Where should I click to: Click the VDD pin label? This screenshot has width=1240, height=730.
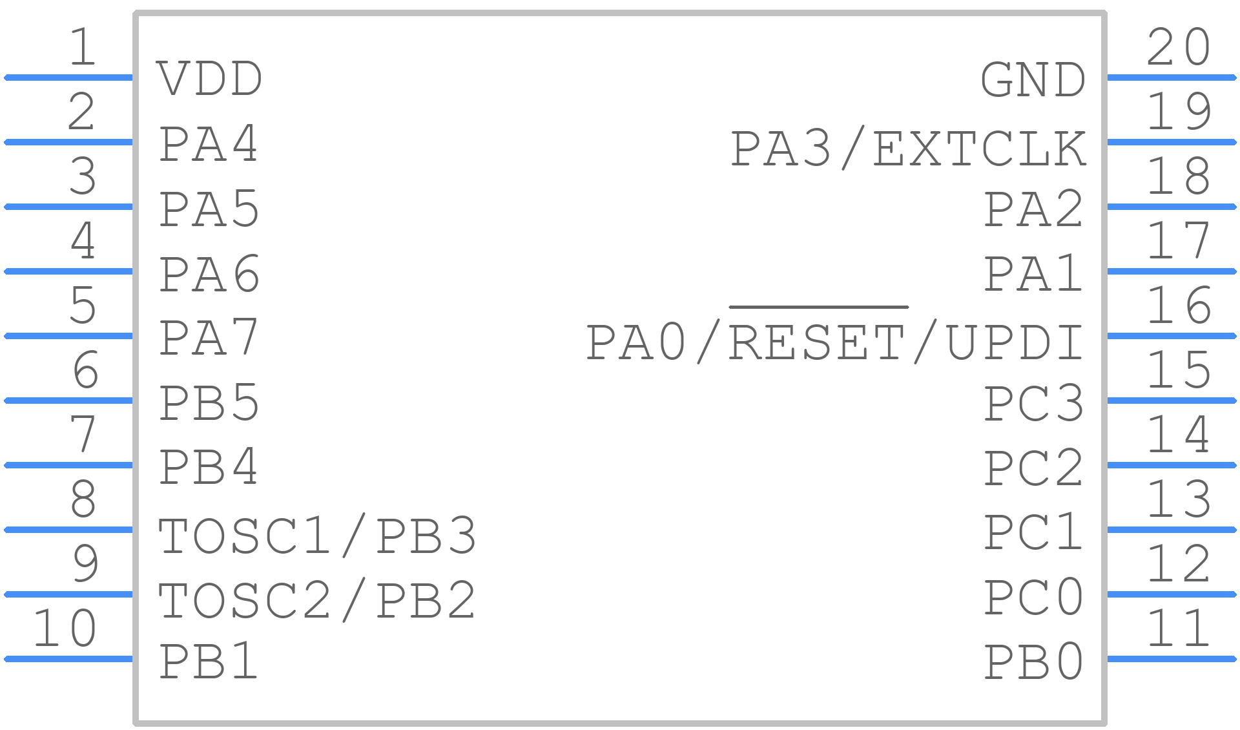pyautogui.click(x=209, y=79)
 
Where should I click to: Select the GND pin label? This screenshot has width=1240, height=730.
pyautogui.click(x=1033, y=80)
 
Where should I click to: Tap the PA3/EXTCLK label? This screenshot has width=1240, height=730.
pyautogui.click(x=908, y=149)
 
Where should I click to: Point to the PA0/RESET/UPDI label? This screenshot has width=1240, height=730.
pyautogui.click(x=834, y=342)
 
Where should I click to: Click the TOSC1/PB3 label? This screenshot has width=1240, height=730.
pyautogui.click(x=317, y=536)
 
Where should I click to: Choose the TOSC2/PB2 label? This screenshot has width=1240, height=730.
pyautogui.click(x=317, y=600)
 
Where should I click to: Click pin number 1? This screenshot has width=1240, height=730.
pyautogui.click(x=83, y=47)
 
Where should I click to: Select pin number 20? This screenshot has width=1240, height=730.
pyautogui.click(x=1179, y=47)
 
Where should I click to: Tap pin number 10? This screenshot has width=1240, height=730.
pyautogui.click(x=65, y=628)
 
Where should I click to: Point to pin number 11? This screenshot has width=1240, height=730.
pyautogui.click(x=1179, y=628)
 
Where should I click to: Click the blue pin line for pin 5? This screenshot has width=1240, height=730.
pyautogui.click(x=68, y=336)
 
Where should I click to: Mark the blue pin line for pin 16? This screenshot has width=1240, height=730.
pyautogui.click(x=1172, y=336)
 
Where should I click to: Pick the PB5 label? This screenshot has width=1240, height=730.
pyautogui.click(x=209, y=403)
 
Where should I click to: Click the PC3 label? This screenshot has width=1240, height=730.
pyautogui.click(x=1033, y=403)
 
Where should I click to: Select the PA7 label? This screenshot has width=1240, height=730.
pyautogui.click(x=209, y=338)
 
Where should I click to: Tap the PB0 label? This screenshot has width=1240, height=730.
pyautogui.click(x=1033, y=662)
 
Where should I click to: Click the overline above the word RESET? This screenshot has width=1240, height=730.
pyautogui.click(x=819, y=307)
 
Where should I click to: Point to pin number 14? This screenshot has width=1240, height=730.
pyautogui.click(x=1179, y=434)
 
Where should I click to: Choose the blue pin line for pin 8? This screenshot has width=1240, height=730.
pyautogui.click(x=68, y=530)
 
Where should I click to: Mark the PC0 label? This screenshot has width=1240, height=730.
pyautogui.click(x=1033, y=597)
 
